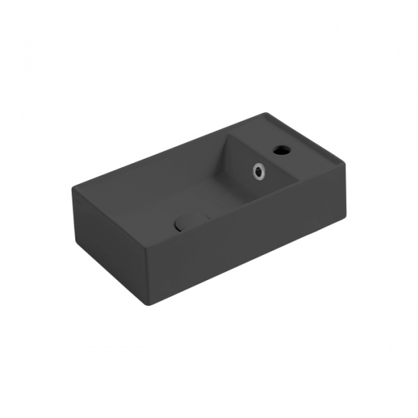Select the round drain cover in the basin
191,220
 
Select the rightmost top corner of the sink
346,165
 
